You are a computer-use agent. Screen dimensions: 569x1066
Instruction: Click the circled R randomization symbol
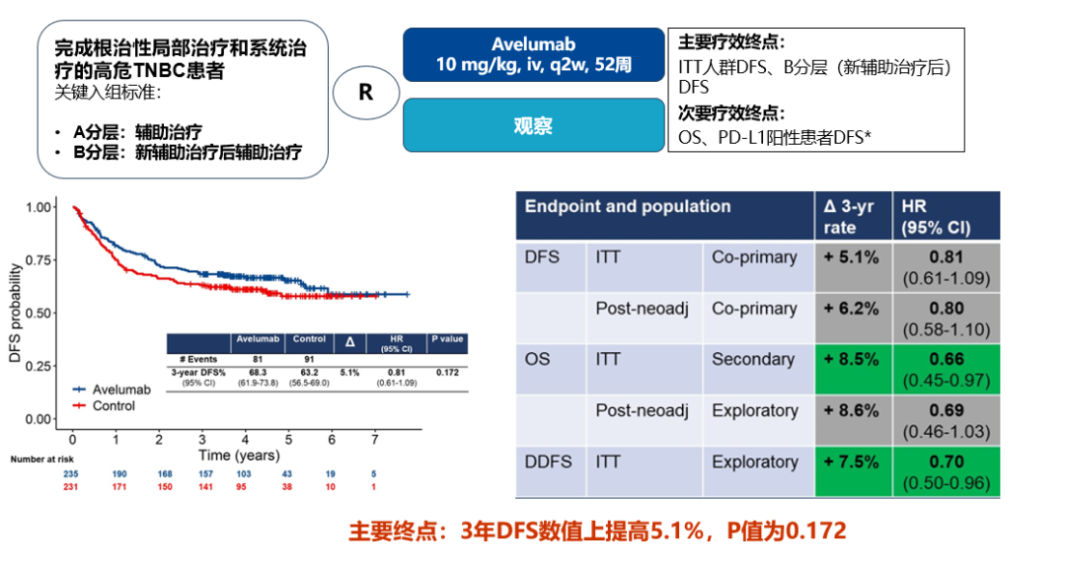(365, 92)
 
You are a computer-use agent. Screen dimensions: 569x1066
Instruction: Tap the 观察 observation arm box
(534, 125)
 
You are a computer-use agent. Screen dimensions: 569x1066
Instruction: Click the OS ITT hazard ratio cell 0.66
(946, 369)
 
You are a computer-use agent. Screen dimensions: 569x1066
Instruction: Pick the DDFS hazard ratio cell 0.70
(946, 471)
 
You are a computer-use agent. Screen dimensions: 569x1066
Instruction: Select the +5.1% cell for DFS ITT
(852, 258)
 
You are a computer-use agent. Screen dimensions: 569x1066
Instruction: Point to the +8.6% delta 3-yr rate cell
(852, 411)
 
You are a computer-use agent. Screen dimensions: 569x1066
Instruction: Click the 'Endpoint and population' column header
(628, 207)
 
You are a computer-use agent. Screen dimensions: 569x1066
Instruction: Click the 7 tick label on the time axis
(374, 438)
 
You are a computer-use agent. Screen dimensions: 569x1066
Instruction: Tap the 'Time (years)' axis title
(239, 456)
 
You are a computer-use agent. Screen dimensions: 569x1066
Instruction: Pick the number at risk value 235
(73, 474)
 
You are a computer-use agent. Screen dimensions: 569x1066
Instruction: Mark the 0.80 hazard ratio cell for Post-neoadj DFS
(946, 318)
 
